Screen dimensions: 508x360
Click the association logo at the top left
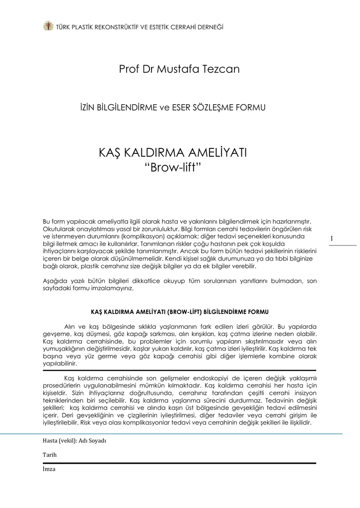(48, 26)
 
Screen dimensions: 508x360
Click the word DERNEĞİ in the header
(210, 26)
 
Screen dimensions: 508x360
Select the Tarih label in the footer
(50, 454)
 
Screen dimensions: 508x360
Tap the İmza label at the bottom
(49, 469)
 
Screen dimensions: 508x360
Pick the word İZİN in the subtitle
(83, 107)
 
